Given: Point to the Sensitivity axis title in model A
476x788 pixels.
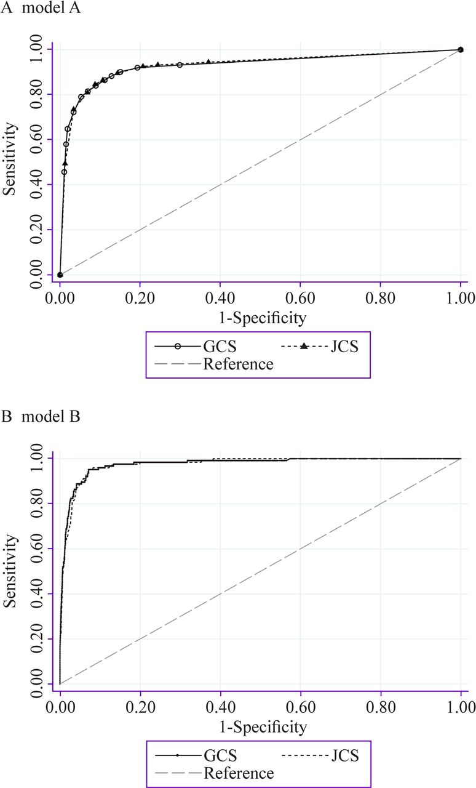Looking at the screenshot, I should [x=10, y=159].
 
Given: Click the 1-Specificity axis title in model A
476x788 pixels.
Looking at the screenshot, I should [x=259, y=318].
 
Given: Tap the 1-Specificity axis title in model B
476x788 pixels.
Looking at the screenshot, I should [x=259, y=727].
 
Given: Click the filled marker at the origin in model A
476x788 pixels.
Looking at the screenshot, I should [x=60, y=275].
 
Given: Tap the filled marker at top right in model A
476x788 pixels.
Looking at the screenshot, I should [x=461, y=49].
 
